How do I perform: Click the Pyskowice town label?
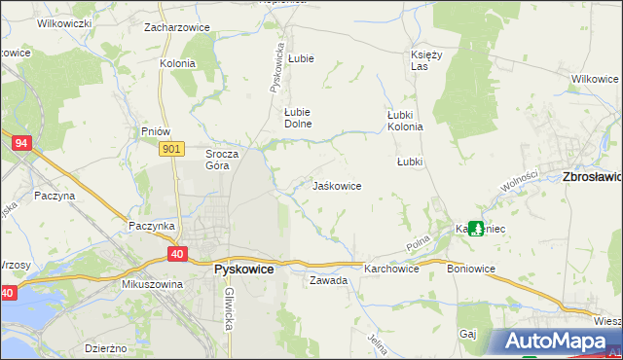point(242,270)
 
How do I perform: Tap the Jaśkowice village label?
point(337,186)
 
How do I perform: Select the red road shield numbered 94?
point(20,143)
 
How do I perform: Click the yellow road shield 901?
point(171,148)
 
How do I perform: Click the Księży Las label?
point(426,60)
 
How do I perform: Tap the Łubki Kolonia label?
point(405,120)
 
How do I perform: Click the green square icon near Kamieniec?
point(475,229)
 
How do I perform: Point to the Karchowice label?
point(391,269)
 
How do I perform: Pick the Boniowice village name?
point(471,269)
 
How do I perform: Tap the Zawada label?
point(328,280)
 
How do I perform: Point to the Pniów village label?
point(156,131)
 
